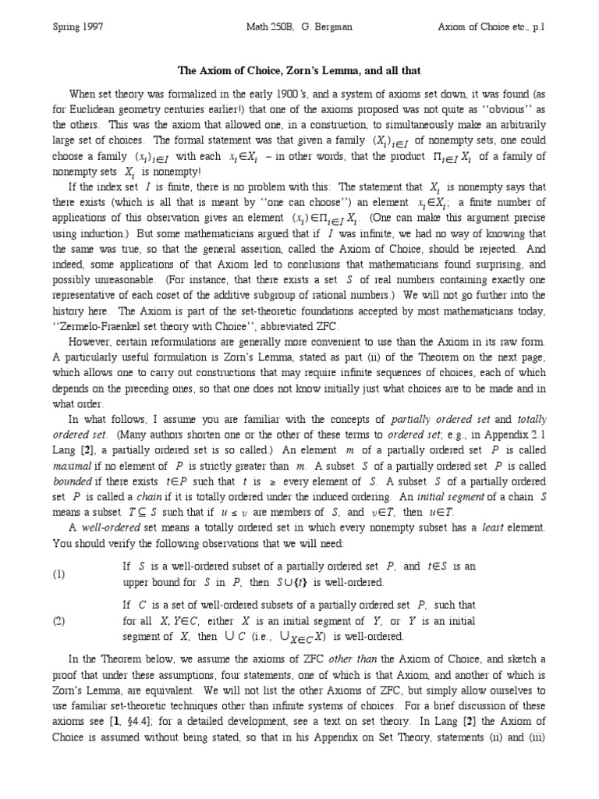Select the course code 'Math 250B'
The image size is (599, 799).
coord(261,26)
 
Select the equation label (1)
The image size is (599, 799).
coord(60,574)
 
